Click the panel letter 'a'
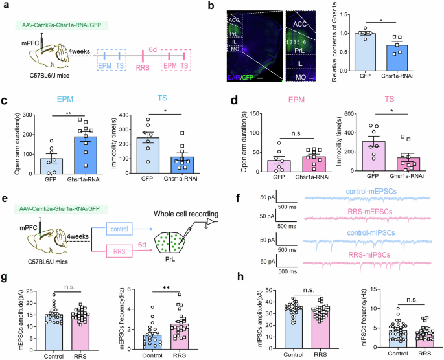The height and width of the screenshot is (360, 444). coord(5,6)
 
